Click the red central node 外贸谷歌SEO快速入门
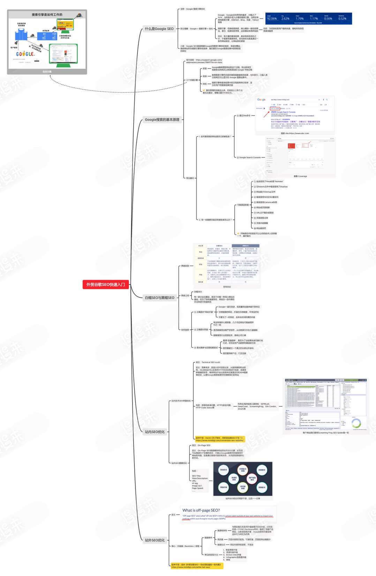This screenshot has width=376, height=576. [106, 285]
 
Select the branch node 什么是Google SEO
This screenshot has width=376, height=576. [159, 29]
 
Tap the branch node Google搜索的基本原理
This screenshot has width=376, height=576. [162, 120]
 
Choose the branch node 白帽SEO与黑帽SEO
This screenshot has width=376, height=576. [159, 298]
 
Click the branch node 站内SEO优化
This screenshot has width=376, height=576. [155, 432]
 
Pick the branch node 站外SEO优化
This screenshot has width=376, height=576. [155, 540]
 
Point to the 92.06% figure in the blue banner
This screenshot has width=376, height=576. [272, 19]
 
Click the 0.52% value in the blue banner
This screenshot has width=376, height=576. [343, 19]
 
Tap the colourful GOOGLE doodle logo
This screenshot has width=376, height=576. [25, 54]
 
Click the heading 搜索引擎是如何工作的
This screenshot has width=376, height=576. [47, 15]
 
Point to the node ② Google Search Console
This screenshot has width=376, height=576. [249, 157]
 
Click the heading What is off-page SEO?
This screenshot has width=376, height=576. [201, 510]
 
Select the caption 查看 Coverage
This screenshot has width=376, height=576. [300, 176]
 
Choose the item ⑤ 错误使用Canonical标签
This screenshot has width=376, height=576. [266, 202]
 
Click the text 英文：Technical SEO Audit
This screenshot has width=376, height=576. [208, 362]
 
